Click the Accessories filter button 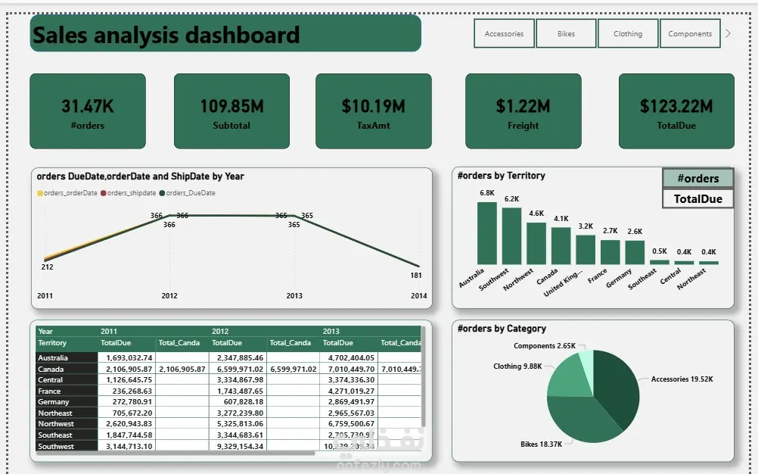504,33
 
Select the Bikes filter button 566,33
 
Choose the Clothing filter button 628,33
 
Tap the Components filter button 690,33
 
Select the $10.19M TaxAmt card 373,111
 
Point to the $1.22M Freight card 523,111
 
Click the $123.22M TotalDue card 676,111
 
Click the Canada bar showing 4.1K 561,245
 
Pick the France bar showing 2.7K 610,251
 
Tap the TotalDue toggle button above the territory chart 697,199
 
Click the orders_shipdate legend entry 131,193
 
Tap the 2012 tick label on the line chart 169,295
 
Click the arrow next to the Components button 728,33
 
